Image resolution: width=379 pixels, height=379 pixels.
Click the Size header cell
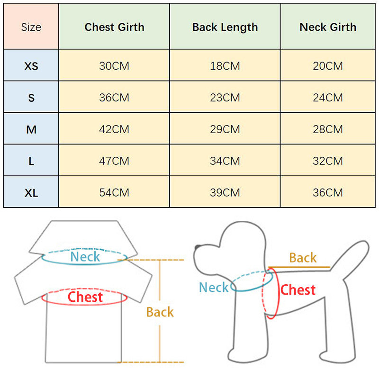tap(31, 27)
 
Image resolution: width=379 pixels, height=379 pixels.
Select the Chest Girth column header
tap(114, 27)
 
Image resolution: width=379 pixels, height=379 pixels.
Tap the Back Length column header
tap(225, 27)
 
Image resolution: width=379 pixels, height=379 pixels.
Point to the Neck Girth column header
tap(328, 27)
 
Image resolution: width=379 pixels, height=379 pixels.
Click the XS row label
tap(31, 66)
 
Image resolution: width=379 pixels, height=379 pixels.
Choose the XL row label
tap(31, 193)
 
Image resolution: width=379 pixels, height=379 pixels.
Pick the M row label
tap(31, 129)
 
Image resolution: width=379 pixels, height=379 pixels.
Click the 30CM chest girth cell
tap(114, 66)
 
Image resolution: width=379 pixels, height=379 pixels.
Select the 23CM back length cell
tap(225, 98)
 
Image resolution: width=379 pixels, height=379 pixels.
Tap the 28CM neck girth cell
tap(328, 129)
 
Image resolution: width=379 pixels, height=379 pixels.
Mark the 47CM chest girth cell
tap(114, 161)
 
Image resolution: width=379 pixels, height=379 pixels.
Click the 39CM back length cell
tap(225, 193)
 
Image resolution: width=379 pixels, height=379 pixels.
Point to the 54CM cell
tap(114, 193)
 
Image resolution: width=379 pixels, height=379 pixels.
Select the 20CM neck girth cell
tap(328, 66)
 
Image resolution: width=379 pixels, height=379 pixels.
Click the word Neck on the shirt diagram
tap(85, 257)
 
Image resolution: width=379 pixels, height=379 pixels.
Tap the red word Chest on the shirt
tap(85, 297)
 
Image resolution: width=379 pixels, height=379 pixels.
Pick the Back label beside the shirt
tap(160, 312)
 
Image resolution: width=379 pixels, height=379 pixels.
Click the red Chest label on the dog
tap(298, 289)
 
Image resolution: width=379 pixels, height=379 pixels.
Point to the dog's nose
tap(197, 247)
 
